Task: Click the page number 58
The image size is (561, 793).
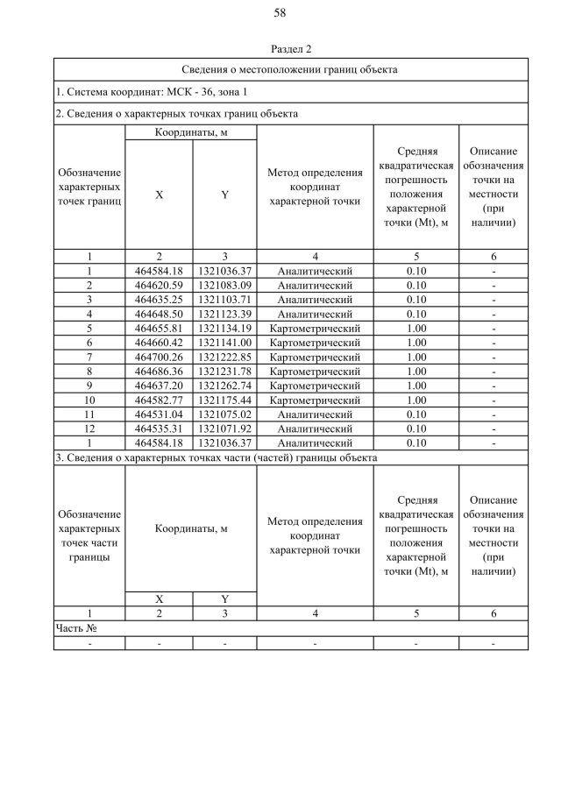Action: click(x=280, y=13)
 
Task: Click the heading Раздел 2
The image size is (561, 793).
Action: click(x=291, y=48)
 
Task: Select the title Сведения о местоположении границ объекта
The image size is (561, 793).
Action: click(x=291, y=68)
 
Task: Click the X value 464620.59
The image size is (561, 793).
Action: click(x=159, y=285)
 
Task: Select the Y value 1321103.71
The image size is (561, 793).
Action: click(x=224, y=300)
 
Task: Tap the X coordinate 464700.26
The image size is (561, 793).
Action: click(x=159, y=358)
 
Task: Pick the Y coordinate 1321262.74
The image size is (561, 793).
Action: click(x=224, y=386)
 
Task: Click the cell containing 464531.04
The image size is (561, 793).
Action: click(x=159, y=414)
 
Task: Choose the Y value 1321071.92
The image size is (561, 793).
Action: click(x=224, y=429)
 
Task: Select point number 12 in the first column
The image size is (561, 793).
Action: click(x=89, y=429)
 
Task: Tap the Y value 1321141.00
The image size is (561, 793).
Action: click(x=224, y=343)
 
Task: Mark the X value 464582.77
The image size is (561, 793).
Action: click(x=159, y=400)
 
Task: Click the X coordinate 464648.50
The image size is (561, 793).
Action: click(x=159, y=314)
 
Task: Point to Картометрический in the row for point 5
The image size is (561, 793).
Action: click(x=315, y=329)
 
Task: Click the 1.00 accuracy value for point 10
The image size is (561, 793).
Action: click(x=416, y=400)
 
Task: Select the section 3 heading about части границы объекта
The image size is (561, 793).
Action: click(x=217, y=457)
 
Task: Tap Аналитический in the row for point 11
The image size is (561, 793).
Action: click(x=315, y=414)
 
